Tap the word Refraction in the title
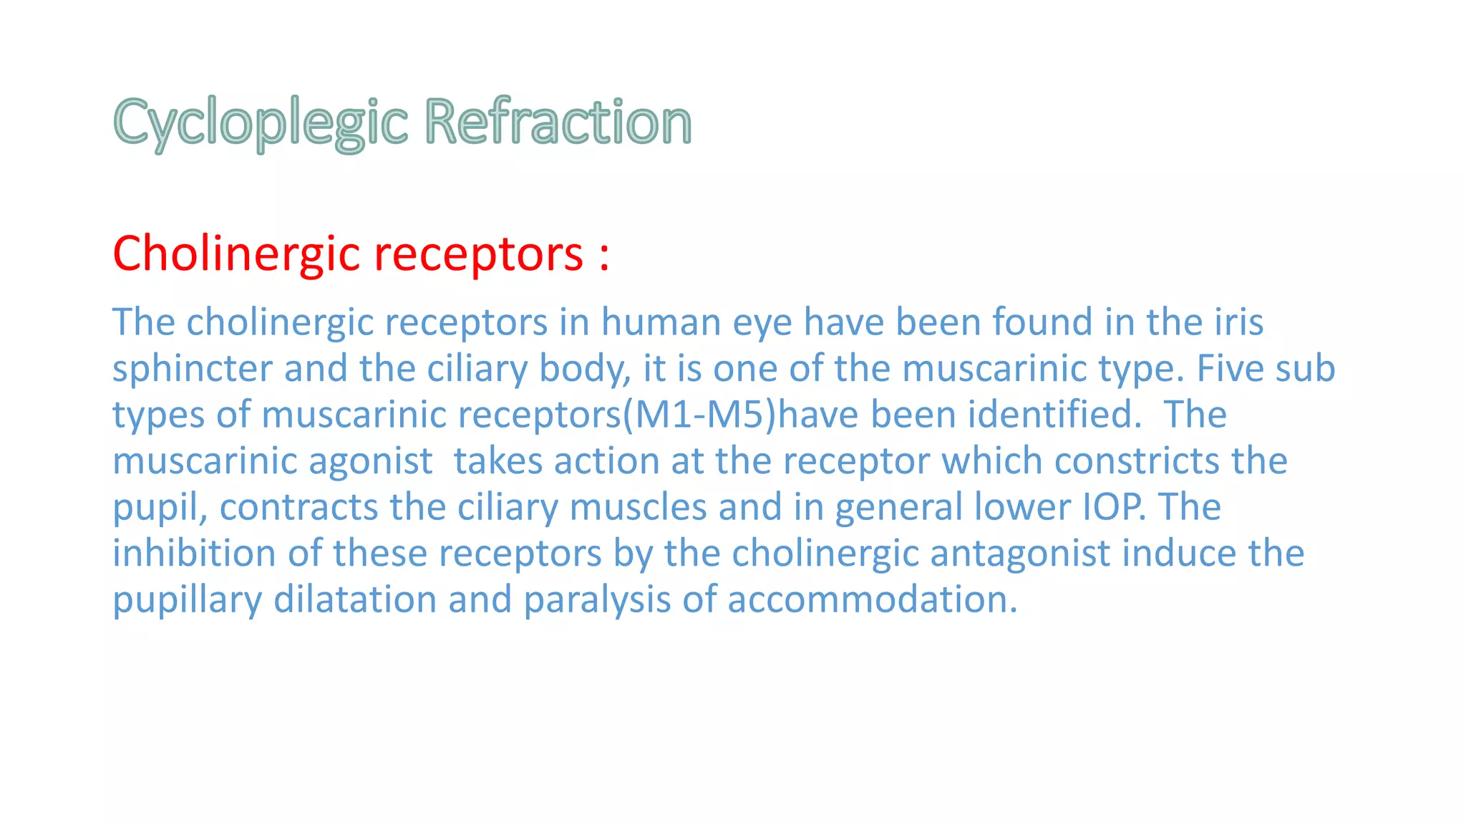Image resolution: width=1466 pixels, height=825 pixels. click(558, 122)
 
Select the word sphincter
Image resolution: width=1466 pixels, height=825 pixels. click(193, 369)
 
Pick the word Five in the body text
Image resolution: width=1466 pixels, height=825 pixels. click(1226, 368)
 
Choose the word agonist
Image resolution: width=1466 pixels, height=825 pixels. click(370, 461)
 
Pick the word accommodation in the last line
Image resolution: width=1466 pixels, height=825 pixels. click(871, 599)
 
